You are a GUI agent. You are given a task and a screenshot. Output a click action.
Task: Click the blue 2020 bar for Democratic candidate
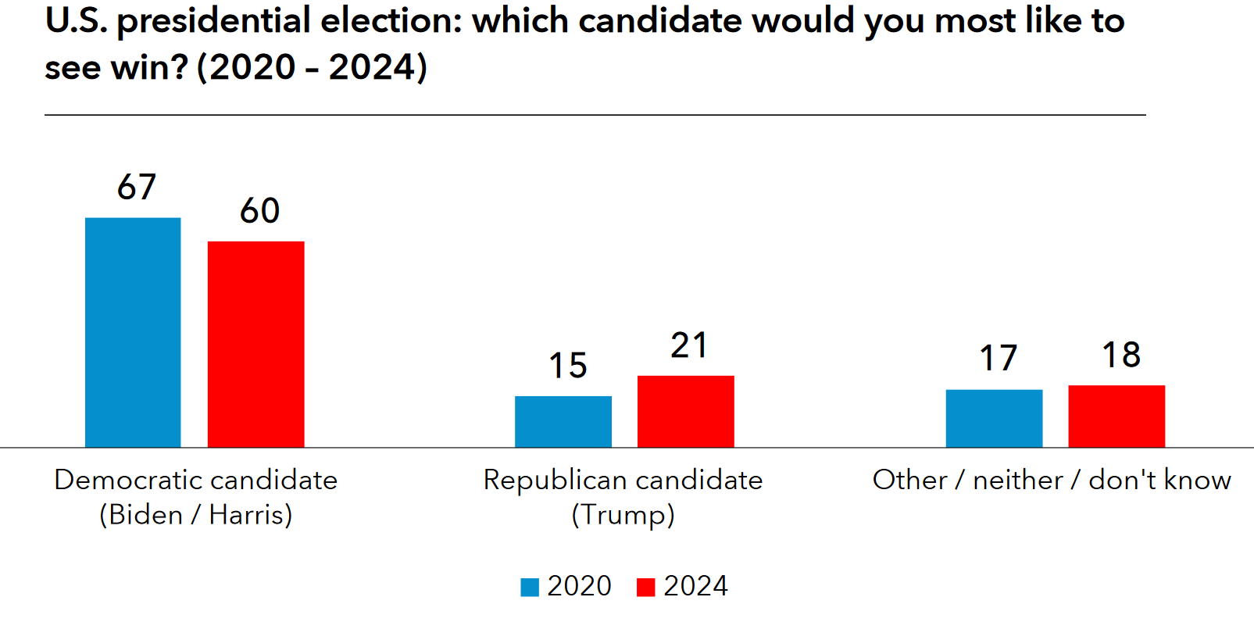coord(133,332)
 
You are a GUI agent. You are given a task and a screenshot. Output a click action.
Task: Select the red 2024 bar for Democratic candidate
coord(255,344)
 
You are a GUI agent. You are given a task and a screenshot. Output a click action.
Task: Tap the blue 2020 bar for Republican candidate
coord(563,422)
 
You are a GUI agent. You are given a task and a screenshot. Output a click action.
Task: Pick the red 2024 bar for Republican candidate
coord(685,412)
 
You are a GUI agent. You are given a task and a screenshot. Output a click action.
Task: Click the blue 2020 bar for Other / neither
coord(994,419)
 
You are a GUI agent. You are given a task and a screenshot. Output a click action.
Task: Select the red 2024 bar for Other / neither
coord(1116,416)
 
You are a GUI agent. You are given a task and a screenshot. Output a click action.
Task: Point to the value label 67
coord(137,188)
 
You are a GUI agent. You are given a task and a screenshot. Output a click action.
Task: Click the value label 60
coord(259,211)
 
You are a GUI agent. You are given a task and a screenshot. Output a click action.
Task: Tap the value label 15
coord(567,366)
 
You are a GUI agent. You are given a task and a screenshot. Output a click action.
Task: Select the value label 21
coord(689,345)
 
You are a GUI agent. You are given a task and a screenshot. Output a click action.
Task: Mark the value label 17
coord(999,359)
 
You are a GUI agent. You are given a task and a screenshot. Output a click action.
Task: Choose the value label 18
coord(1121,356)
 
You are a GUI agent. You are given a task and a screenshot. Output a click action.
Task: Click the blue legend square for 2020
coord(530,587)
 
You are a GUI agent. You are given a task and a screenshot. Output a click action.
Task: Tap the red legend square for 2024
coord(645,587)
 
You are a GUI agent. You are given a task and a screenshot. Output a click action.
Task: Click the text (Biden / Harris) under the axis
coord(195,515)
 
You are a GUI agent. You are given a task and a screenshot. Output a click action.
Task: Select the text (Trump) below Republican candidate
coord(623,515)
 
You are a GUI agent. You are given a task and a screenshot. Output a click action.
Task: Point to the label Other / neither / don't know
coord(1052,480)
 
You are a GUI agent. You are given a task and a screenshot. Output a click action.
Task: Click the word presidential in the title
coord(213,22)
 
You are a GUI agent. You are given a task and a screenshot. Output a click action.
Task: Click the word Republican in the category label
coord(554,480)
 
